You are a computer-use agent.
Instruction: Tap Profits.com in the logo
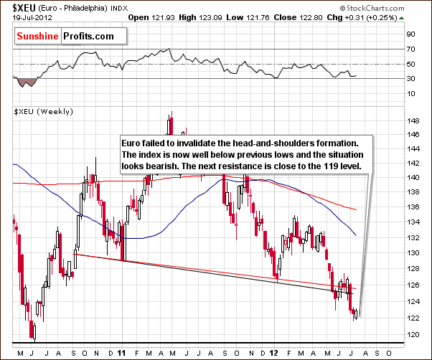click(93, 35)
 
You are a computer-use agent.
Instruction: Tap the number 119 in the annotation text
click(337, 166)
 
